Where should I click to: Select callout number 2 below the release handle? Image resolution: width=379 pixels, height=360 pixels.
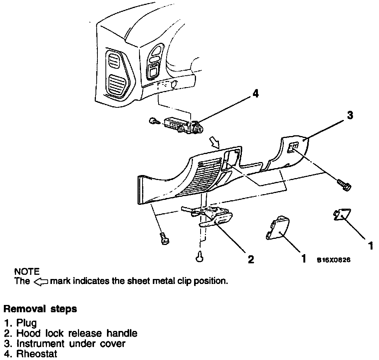pyautogui.click(x=250, y=260)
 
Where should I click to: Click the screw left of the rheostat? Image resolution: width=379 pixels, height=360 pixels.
pyautogui.click(x=153, y=122)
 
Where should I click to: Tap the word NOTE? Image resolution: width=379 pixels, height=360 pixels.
pyautogui.click(x=27, y=272)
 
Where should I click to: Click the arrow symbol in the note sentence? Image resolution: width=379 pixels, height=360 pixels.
pyautogui.click(x=40, y=282)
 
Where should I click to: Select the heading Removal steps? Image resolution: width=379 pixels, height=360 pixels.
pyautogui.click(x=40, y=309)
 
